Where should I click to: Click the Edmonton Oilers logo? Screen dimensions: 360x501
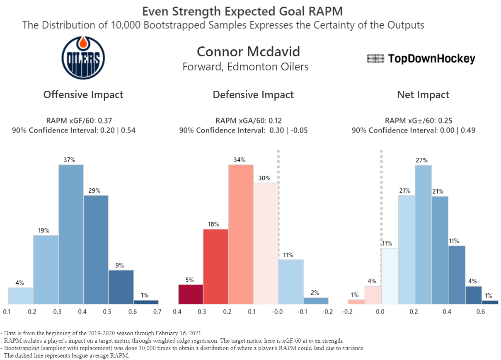[83, 57]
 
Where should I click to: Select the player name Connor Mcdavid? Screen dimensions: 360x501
[248, 52]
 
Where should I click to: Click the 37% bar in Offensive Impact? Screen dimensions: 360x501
[71, 234]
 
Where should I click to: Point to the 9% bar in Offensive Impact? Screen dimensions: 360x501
[121, 287]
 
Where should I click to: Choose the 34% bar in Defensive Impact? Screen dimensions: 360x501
[241, 234]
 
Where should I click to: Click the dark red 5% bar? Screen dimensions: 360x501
[190, 294]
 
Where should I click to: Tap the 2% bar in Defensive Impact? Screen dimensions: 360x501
[316, 301]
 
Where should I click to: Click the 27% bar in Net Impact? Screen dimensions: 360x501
[423, 234]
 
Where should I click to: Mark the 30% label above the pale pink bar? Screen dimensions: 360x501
[264, 179]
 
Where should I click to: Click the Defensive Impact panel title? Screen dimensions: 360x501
[253, 95]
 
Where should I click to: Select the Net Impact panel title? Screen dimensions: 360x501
[423, 95]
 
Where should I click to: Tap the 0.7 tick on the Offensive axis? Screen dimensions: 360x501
[157, 312]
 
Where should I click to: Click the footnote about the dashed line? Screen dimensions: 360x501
[66, 356]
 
